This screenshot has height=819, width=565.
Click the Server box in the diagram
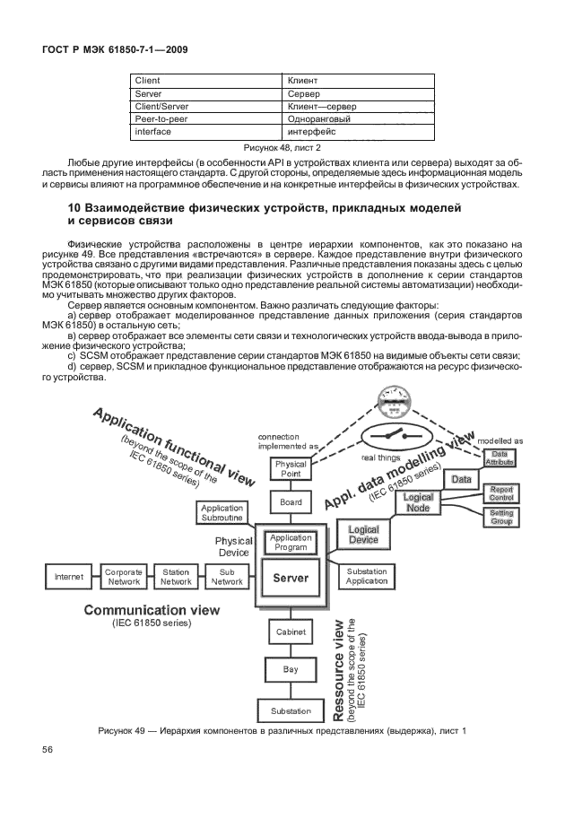click(x=291, y=579)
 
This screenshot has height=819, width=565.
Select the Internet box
click(x=69, y=576)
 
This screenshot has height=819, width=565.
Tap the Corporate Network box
click(x=124, y=576)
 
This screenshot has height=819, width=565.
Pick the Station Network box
click(x=176, y=576)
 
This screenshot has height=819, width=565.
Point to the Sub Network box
click(x=227, y=576)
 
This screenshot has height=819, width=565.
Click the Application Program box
click(x=291, y=543)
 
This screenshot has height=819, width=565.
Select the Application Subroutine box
click(x=222, y=513)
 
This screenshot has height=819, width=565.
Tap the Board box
click(x=291, y=502)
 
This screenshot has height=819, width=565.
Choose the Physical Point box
click(x=291, y=469)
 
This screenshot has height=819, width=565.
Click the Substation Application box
click(x=366, y=576)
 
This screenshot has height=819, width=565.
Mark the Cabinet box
click(x=291, y=632)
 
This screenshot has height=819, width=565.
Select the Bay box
click(x=291, y=669)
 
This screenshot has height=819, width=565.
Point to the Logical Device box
click(x=363, y=535)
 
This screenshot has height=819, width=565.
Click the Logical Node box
click(x=418, y=502)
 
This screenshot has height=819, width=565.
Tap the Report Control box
click(x=500, y=492)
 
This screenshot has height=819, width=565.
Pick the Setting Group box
click(x=500, y=516)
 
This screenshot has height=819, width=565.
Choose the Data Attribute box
click(x=500, y=458)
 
